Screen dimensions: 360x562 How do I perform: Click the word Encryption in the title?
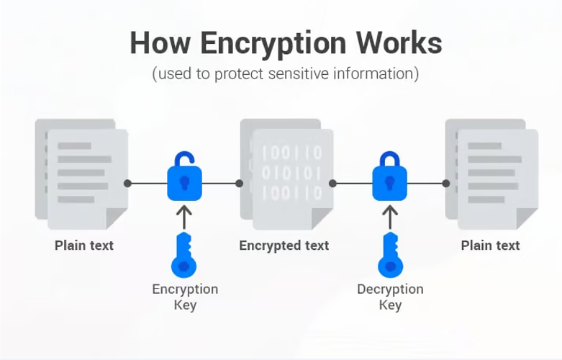[x=266, y=43]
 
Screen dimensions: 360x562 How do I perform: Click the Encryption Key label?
[x=184, y=297]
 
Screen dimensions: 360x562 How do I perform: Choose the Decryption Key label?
[x=390, y=297]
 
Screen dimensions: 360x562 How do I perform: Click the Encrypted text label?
[x=284, y=246]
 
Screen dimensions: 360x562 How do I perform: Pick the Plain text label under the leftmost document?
[x=84, y=246]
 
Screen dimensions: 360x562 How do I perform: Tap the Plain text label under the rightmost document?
[x=490, y=246]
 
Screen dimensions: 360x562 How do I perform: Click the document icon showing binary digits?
[x=288, y=173]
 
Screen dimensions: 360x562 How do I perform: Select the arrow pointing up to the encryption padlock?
[x=184, y=215]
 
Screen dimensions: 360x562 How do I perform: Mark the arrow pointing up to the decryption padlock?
[x=389, y=215]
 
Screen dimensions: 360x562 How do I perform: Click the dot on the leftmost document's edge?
[x=127, y=183]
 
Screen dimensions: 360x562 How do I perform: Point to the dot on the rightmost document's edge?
[x=446, y=183]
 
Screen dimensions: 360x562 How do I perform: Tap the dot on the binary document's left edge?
[x=240, y=183]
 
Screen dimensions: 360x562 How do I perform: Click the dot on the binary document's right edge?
[x=333, y=183]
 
